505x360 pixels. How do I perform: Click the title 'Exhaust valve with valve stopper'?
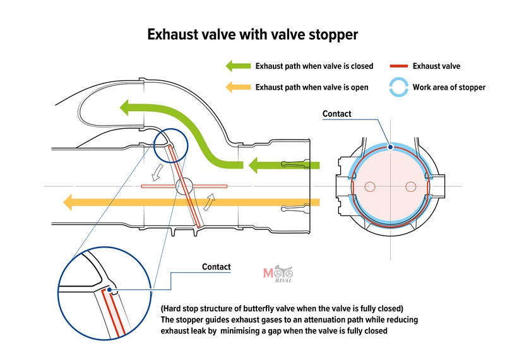coord(252,35)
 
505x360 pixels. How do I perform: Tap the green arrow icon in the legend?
coord(238,66)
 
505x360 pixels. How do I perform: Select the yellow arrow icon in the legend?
coord(238,87)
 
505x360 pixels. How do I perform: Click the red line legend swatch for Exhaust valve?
coord(399,66)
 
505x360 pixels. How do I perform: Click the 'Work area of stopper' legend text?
coord(449,87)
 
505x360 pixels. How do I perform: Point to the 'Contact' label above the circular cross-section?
coord(336,114)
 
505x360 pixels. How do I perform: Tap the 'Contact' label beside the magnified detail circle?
coord(216,267)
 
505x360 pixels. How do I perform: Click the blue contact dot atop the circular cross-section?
coord(391,147)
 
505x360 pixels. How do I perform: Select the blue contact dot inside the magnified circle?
coord(109,290)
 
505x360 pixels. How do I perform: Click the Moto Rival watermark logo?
coord(278,274)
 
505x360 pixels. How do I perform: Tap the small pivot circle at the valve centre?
coord(184,186)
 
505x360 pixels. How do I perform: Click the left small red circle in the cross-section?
coord(370,186)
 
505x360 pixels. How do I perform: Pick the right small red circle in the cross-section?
coord(411,186)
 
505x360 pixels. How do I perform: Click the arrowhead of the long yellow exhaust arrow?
coord(68,202)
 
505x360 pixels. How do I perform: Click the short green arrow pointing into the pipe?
coord(284,165)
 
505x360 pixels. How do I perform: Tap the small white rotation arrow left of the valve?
coord(157,172)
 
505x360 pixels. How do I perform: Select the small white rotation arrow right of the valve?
coord(209,202)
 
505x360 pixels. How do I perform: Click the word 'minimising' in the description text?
coord(242,331)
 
